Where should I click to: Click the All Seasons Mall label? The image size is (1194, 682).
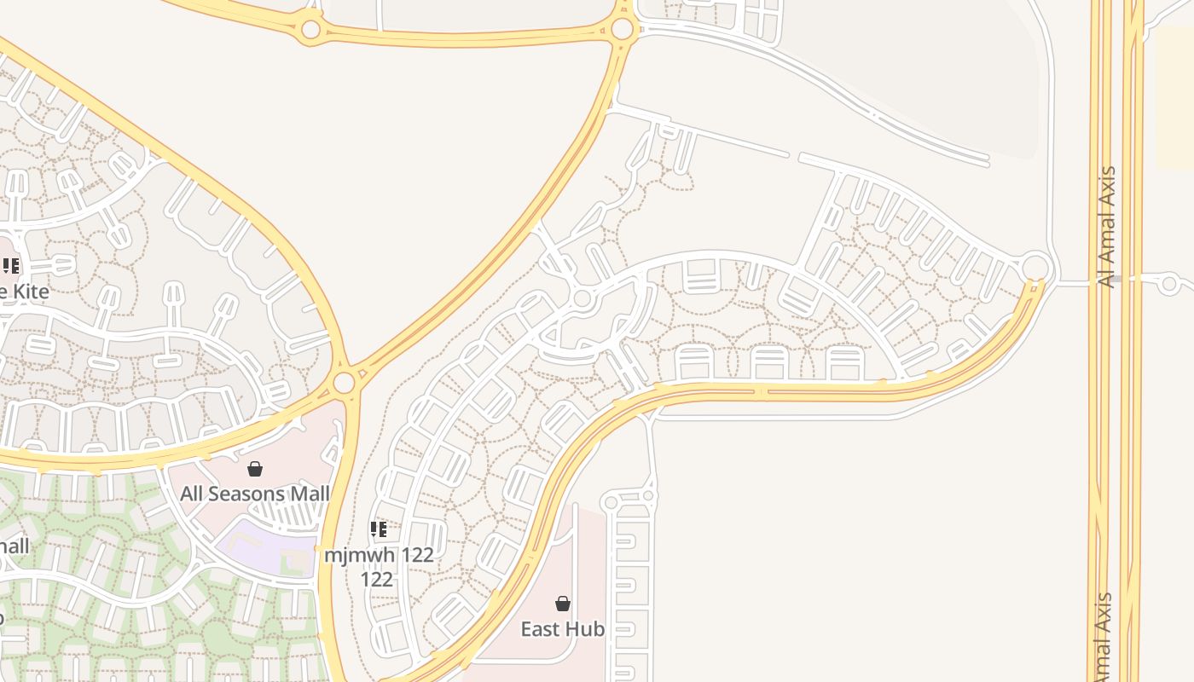[x=255, y=494]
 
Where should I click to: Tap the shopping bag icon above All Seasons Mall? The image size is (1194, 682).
[x=254, y=469]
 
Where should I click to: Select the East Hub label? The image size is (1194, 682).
[x=563, y=629]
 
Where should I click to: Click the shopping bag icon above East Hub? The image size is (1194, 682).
[x=563, y=604]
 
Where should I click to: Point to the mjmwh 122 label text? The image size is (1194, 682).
[x=379, y=555]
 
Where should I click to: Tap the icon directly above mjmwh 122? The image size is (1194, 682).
[x=379, y=530]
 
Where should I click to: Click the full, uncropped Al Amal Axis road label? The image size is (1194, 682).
[x=1108, y=227]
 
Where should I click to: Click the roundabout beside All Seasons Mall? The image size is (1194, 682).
[x=344, y=383]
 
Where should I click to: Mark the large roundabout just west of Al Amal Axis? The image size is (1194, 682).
[x=1035, y=267]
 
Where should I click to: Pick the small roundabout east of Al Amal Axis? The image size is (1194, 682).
[x=1169, y=284]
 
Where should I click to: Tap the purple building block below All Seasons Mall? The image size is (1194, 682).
[x=264, y=550]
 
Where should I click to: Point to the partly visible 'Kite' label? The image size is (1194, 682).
[x=24, y=292]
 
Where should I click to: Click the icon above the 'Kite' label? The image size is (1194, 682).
[x=10, y=266]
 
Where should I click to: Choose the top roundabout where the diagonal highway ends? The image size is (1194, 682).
[x=623, y=29]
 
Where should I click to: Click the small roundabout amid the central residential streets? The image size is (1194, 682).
[x=583, y=298]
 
